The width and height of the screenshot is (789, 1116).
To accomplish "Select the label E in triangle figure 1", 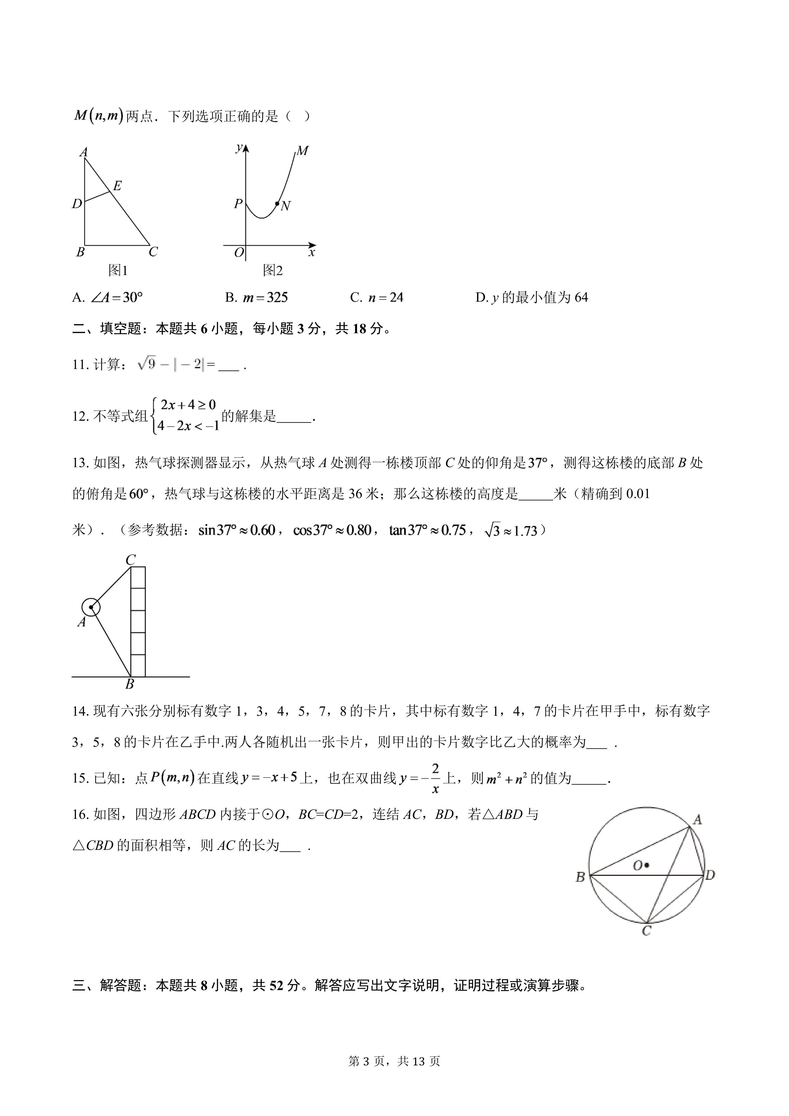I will (117, 185).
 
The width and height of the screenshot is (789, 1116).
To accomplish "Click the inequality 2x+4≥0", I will (188, 405).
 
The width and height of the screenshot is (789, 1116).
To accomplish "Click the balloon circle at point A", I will (91, 607).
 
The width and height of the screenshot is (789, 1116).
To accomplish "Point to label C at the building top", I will (130, 560).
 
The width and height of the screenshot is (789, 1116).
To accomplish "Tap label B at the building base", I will (130, 684).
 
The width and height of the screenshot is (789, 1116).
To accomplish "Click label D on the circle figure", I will (710, 875).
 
